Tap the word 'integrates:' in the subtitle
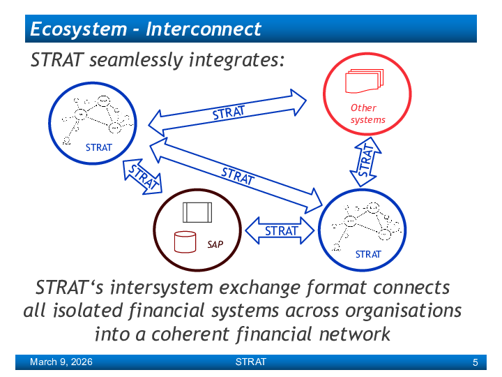[237, 61]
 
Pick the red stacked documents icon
[364, 81]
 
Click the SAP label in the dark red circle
[214, 244]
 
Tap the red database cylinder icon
[185, 242]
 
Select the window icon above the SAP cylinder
[197, 212]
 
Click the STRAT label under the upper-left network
[98, 148]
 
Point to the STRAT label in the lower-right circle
[368, 254]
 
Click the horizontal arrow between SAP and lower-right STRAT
[280, 231]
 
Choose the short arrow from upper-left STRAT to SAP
[142, 176]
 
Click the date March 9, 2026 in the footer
[61, 362]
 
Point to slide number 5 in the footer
[475, 362]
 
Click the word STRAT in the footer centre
[250, 362]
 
